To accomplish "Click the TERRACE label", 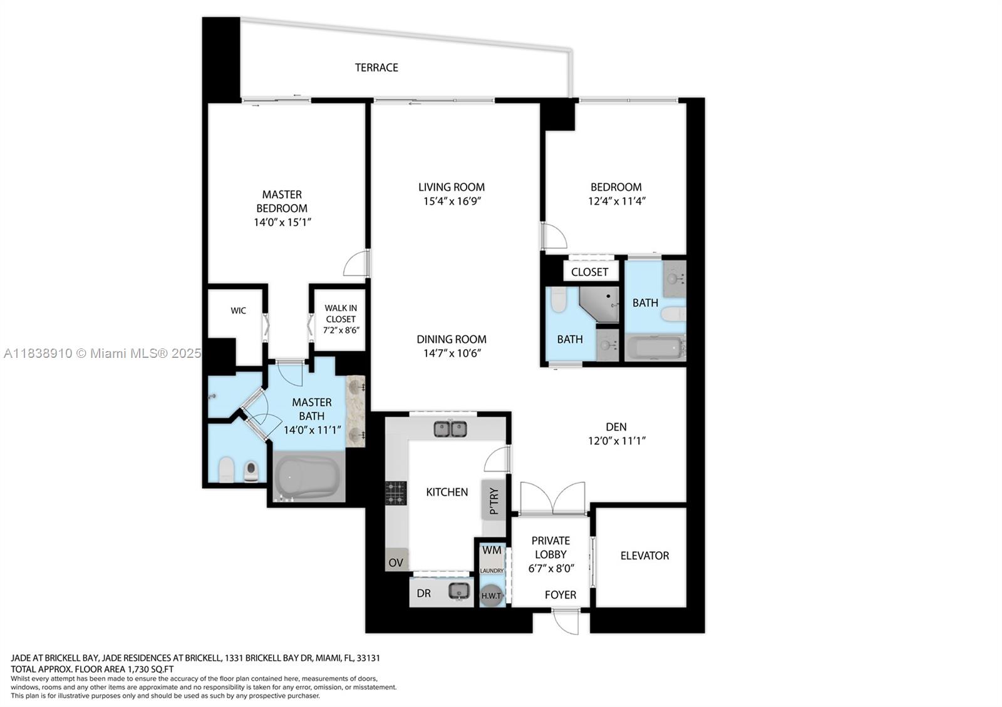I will (x=376, y=68).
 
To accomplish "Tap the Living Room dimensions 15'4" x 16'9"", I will (x=452, y=201).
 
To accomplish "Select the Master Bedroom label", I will (x=282, y=201).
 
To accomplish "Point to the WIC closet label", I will (x=238, y=310).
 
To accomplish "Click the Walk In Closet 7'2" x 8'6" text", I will (x=341, y=319).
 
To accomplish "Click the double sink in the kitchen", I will (x=450, y=429).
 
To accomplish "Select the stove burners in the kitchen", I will (x=395, y=492).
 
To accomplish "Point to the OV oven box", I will (x=396, y=562).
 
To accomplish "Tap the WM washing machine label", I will (x=492, y=551).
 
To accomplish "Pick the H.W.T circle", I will (x=492, y=596).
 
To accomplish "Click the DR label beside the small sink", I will (x=424, y=593).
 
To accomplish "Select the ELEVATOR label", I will (x=644, y=556).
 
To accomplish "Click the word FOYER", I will (x=560, y=595).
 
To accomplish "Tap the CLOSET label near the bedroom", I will (x=589, y=272).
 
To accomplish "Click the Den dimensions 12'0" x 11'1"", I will (x=616, y=440).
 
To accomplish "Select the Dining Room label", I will (x=452, y=339).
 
